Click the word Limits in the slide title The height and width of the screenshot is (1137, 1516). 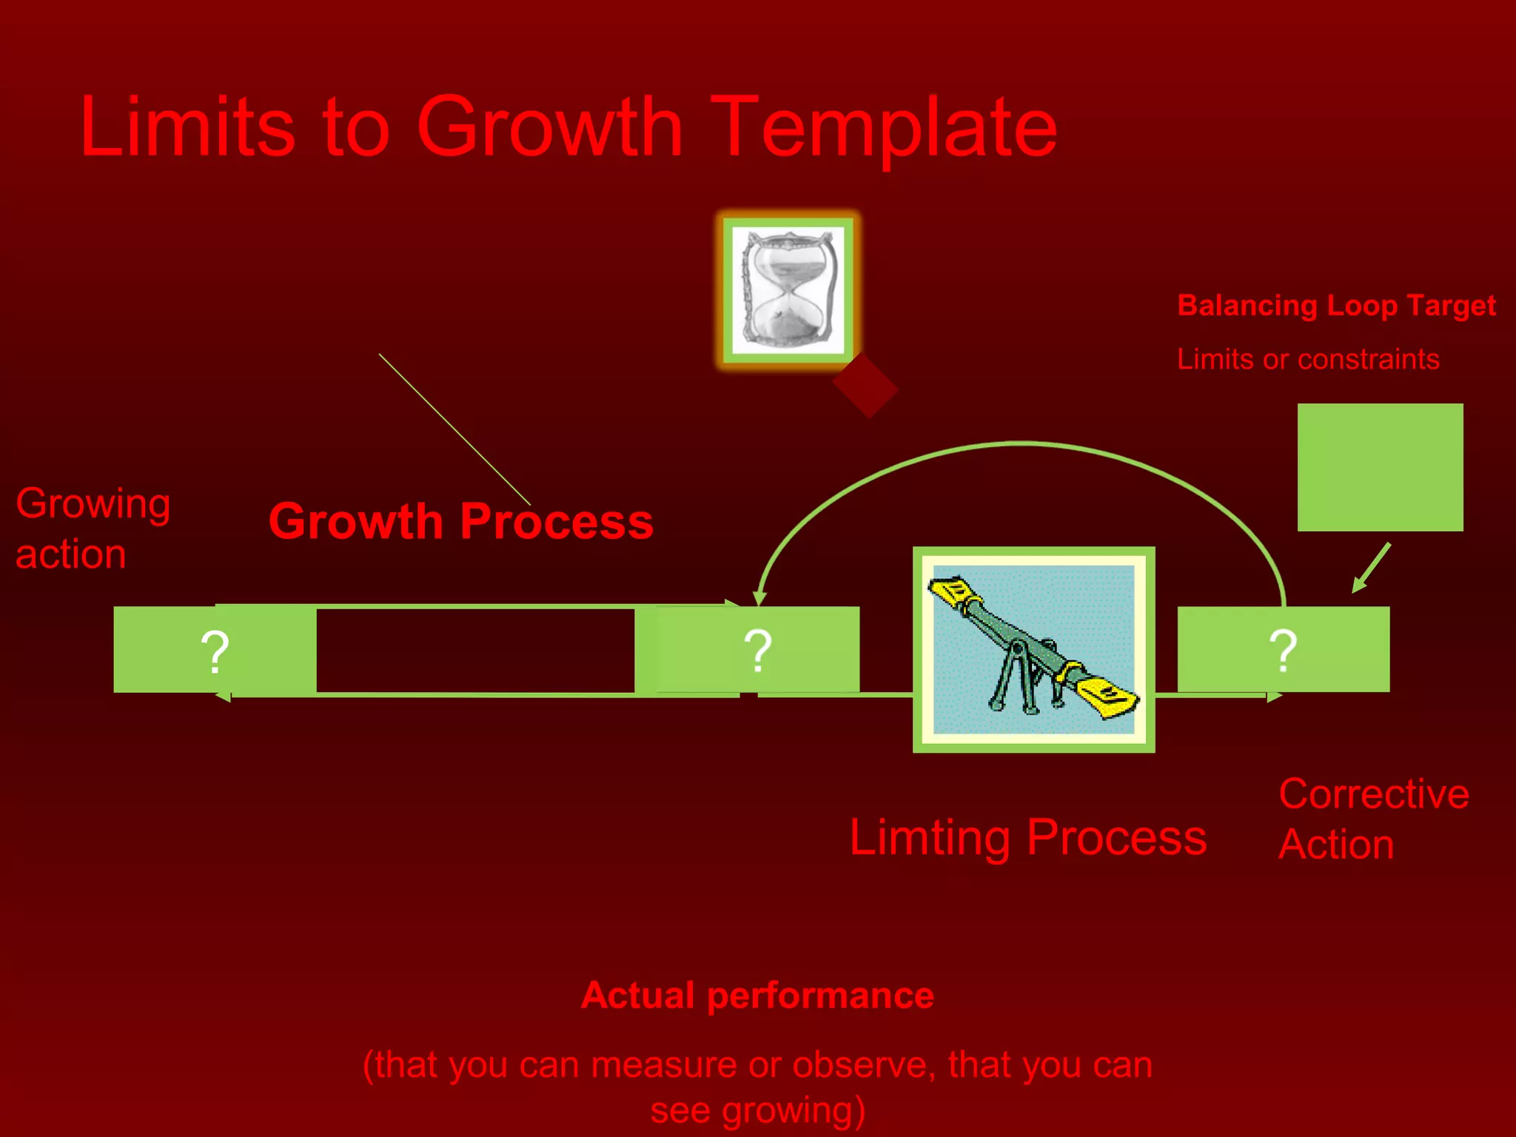(x=187, y=127)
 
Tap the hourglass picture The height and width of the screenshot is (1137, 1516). (x=788, y=290)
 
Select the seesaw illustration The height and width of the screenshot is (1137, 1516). (x=1033, y=650)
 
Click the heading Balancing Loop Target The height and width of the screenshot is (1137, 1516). (x=1336, y=305)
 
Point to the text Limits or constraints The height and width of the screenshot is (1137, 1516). (x=1308, y=359)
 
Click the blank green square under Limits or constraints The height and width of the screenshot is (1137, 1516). (x=1380, y=467)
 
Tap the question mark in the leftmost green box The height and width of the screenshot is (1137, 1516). (x=215, y=651)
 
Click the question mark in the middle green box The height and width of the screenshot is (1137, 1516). (x=757, y=651)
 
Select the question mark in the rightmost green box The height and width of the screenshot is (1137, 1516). (x=1283, y=651)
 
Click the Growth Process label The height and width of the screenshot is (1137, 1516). (x=460, y=521)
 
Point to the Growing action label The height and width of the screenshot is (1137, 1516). (x=93, y=528)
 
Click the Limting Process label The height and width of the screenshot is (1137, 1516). (x=1027, y=837)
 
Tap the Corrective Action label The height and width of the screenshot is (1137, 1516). (x=1373, y=819)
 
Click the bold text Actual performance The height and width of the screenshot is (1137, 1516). (x=757, y=995)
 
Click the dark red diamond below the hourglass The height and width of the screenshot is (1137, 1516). (x=865, y=386)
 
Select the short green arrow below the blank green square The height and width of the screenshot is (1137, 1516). (x=1372, y=568)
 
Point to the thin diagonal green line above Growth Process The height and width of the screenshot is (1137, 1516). (x=455, y=429)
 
